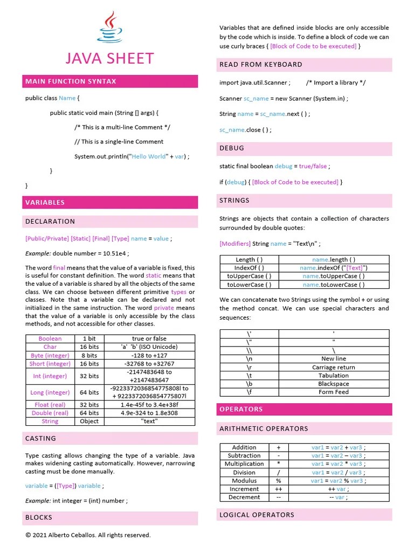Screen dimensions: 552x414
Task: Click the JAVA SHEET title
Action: click(109, 58)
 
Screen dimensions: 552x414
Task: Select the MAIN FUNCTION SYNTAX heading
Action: click(71, 81)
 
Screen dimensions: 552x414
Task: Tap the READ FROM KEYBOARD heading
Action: click(261, 65)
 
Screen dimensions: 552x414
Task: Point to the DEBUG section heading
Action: click(232, 148)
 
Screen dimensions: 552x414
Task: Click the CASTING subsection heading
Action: click(40, 438)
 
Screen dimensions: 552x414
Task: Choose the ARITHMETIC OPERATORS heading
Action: click(264, 429)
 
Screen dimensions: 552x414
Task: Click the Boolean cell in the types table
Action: click(50, 339)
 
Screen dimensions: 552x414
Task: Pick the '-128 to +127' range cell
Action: click(149, 356)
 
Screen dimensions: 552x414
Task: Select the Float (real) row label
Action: click(50, 404)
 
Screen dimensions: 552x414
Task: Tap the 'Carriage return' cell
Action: click(334, 367)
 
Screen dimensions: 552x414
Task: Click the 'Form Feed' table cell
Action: click(334, 392)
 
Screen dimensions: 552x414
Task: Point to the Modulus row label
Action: click(244, 481)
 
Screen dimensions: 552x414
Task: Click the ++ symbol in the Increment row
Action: click(279, 489)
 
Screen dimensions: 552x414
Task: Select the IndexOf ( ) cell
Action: click(249, 268)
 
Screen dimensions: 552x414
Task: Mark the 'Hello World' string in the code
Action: click(149, 156)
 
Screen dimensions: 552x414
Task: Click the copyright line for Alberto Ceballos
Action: click(88, 535)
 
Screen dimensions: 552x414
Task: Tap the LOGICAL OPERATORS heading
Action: click(257, 515)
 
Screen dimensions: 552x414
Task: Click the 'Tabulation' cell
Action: click(334, 375)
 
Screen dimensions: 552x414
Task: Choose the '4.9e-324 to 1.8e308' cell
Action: click(149, 413)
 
